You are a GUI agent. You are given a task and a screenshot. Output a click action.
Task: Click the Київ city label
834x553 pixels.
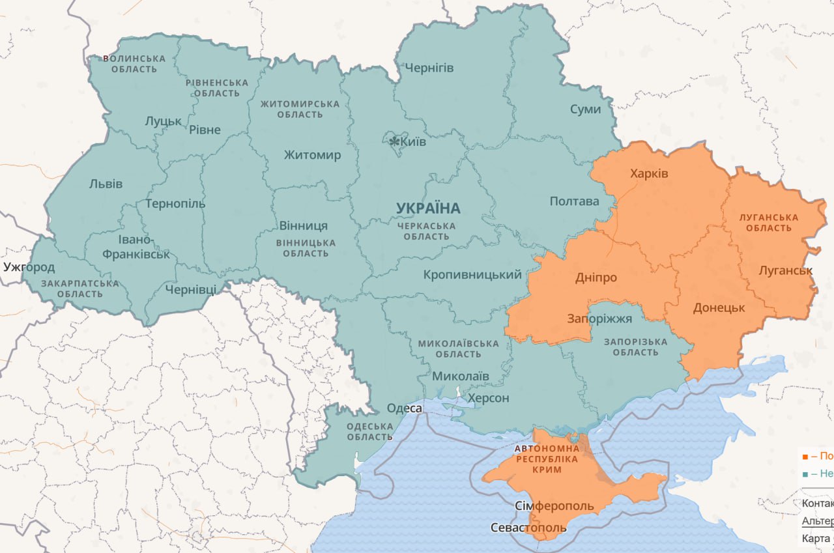click(414, 141)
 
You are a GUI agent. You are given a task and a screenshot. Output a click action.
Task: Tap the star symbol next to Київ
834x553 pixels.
click(394, 141)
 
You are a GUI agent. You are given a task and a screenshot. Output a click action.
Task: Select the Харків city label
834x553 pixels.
click(649, 173)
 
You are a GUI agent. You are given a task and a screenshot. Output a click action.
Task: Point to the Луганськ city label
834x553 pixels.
click(786, 270)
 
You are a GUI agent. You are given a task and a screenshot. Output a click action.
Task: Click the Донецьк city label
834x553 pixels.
click(719, 307)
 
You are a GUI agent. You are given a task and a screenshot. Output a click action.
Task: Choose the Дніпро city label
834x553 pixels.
click(596, 277)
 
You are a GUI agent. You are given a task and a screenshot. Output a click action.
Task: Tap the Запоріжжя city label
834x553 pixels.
click(599, 319)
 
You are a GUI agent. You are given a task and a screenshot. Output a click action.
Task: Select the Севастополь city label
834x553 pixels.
click(528, 527)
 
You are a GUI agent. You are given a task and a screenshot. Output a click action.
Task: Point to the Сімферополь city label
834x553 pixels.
click(554, 506)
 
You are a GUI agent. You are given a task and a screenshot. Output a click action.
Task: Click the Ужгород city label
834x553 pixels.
click(29, 267)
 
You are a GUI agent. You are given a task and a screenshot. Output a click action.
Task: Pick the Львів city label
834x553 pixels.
click(106, 184)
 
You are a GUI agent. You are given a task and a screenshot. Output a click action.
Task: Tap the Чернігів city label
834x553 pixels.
click(429, 68)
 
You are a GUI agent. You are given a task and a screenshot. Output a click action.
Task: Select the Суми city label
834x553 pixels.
click(585, 109)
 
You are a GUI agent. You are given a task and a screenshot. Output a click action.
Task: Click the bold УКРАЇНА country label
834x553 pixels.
click(428, 208)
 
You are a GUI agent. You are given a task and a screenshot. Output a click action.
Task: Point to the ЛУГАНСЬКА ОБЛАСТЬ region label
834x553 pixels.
click(769, 222)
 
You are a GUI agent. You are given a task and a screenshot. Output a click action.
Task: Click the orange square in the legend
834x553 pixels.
click(805, 457)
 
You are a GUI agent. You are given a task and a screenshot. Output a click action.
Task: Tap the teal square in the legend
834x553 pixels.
click(805, 474)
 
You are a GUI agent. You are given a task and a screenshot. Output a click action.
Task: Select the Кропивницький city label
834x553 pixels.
click(472, 275)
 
